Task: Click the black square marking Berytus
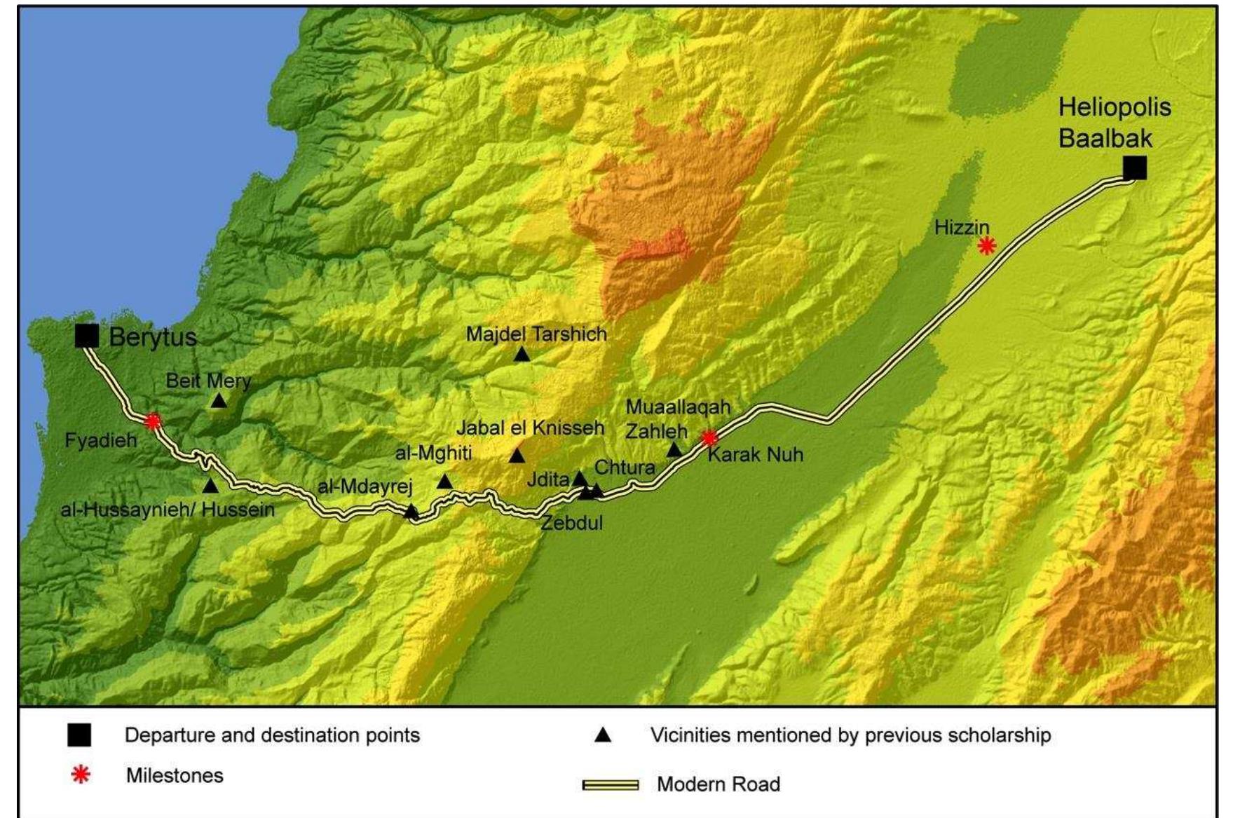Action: pos(87,336)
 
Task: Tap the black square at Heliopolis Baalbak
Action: pos(1134,168)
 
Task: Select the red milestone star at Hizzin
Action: pos(986,245)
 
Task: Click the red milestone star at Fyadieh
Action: pos(152,421)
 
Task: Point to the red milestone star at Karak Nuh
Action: pos(709,438)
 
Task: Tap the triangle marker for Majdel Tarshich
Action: pos(522,355)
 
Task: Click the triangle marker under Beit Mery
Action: pos(219,400)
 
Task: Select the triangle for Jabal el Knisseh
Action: pos(517,456)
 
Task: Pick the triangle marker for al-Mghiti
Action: pos(444,482)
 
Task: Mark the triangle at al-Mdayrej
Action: pos(411,511)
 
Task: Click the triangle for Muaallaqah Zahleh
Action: pos(674,450)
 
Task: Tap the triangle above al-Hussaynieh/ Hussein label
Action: pos(210,485)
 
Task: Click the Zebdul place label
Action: pos(572,523)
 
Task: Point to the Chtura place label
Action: pos(625,468)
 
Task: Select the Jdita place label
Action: pos(547,480)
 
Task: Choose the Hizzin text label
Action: pos(961,227)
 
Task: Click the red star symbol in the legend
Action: pos(81,775)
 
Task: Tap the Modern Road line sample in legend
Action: pos(610,784)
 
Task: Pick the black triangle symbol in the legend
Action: pos(603,735)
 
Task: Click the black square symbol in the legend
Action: pos(79,735)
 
